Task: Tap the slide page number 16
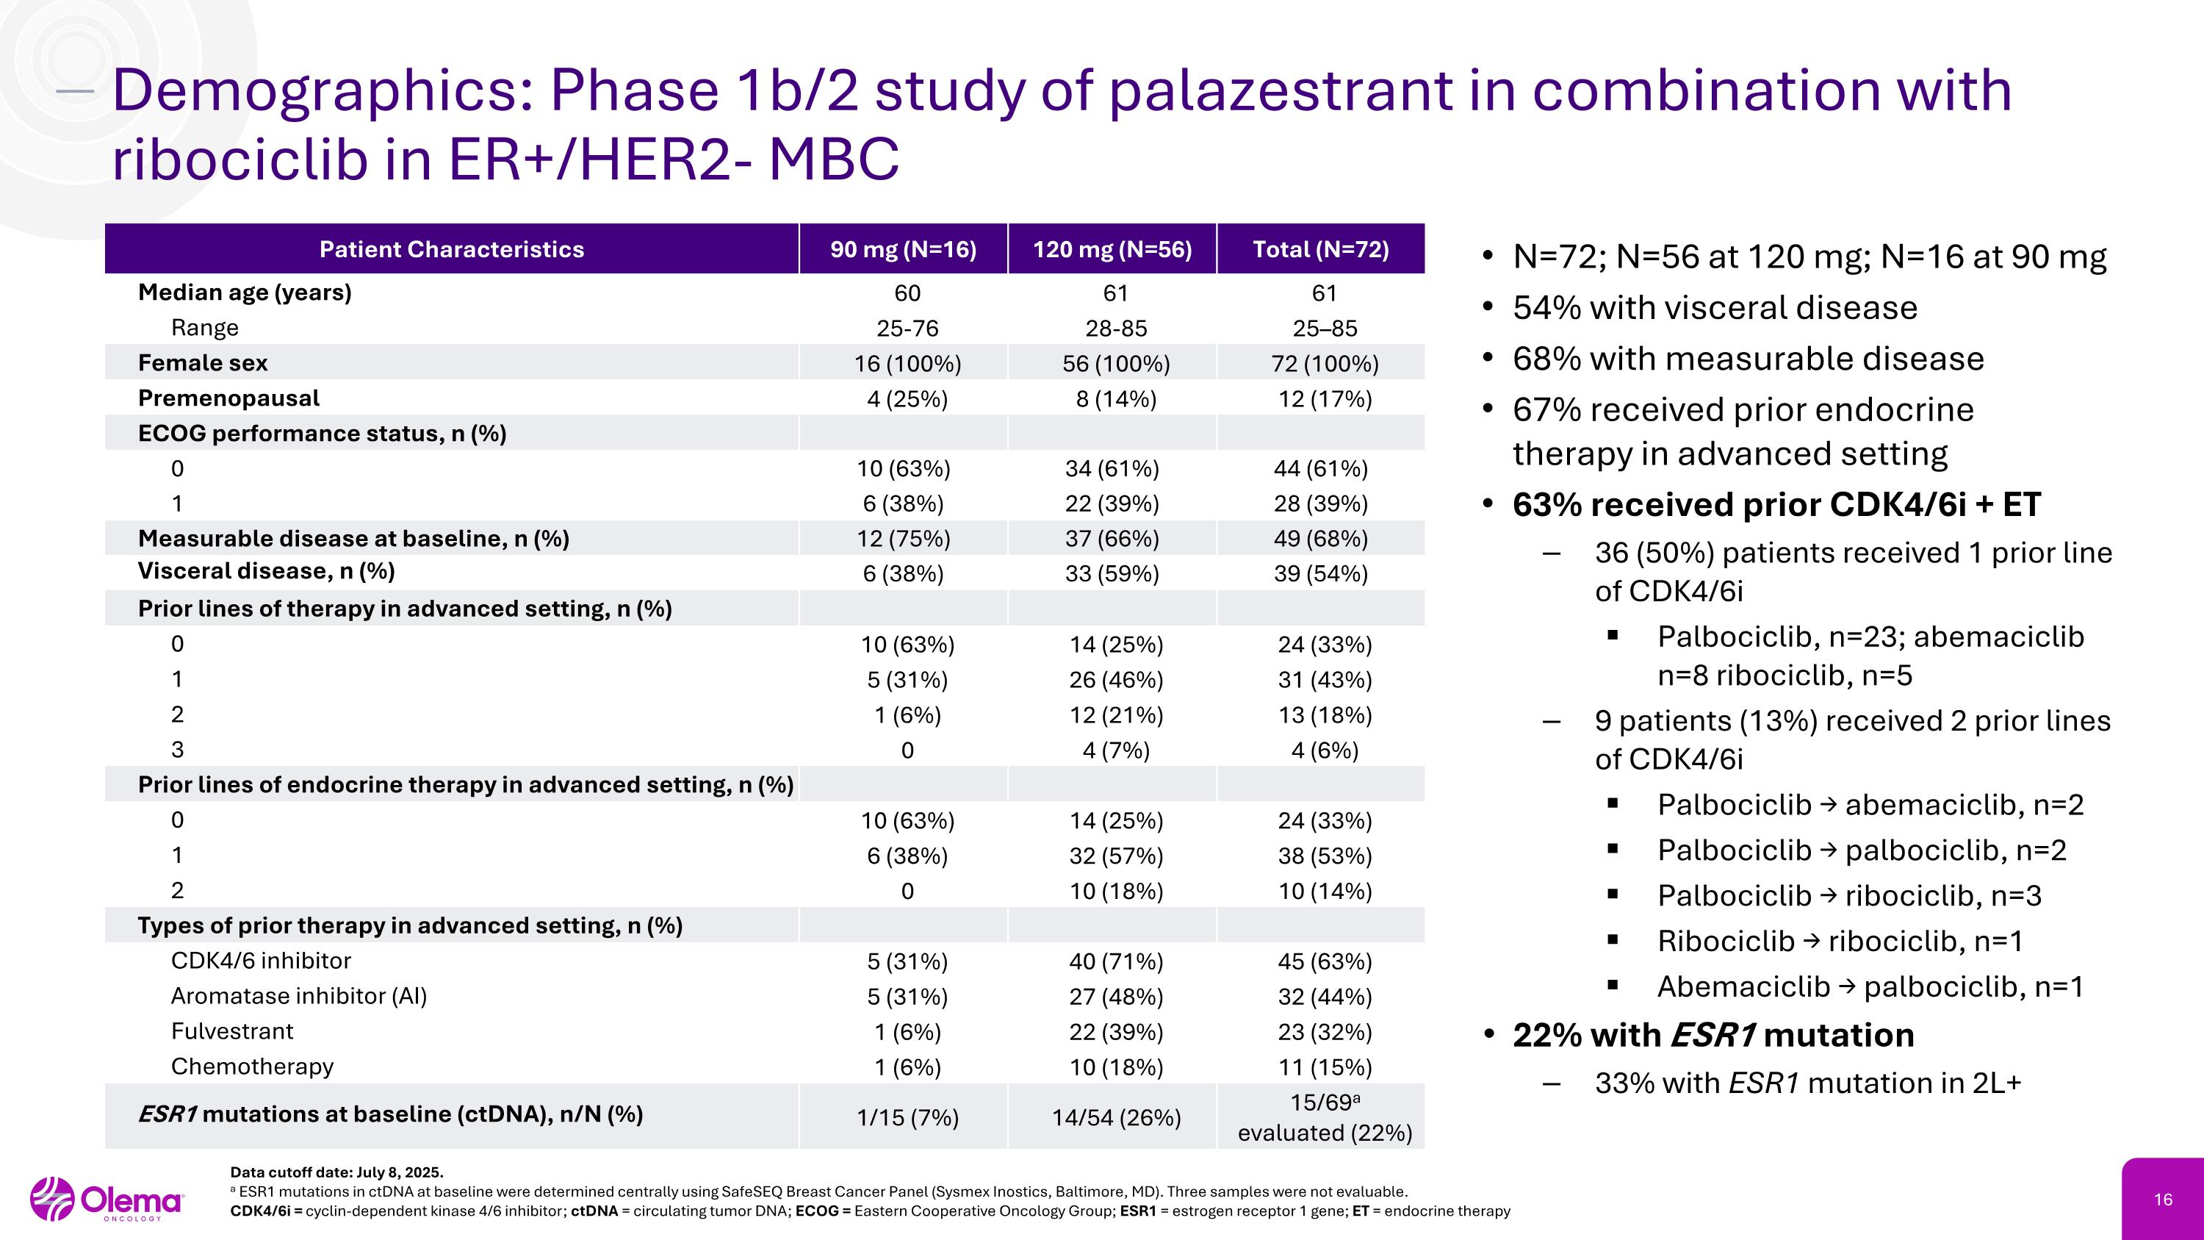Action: click(x=2163, y=1200)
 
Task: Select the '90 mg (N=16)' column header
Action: click(x=903, y=249)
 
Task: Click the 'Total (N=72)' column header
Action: click(x=1320, y=249)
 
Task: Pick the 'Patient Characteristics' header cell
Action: click(x=451, y=249)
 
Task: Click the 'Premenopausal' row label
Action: click(x=228, y=398)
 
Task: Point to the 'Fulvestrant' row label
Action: click(x=232, y=1031)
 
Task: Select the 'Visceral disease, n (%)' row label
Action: click(x=266, y=571)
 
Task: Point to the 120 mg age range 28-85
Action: click(x=1116, y=329)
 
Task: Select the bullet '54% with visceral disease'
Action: click(x=1715, y=308)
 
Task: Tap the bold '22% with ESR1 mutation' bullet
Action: click(x=1713, y=1036)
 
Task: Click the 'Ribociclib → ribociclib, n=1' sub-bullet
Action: click(x=1840, y=942)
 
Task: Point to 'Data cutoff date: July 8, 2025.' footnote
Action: click(x=337, y=1172)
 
